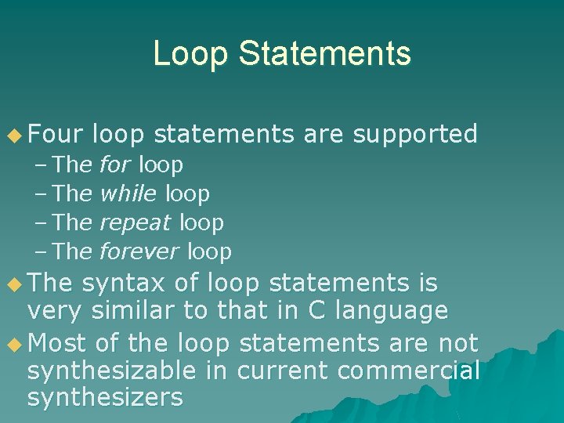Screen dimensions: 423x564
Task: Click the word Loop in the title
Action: (x=190, y=53)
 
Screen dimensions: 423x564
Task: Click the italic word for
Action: (x=116, y=165)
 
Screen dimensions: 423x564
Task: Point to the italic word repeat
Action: (x=136, y=223)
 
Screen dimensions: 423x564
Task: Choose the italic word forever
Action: (x=139, y=251)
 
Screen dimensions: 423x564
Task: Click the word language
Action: (x=392, y=312)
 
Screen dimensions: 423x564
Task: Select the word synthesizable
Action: (x=125, y=371)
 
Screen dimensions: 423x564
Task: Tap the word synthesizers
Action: (x=105, y=398)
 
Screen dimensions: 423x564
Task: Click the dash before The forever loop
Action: (x=42, y=251)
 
